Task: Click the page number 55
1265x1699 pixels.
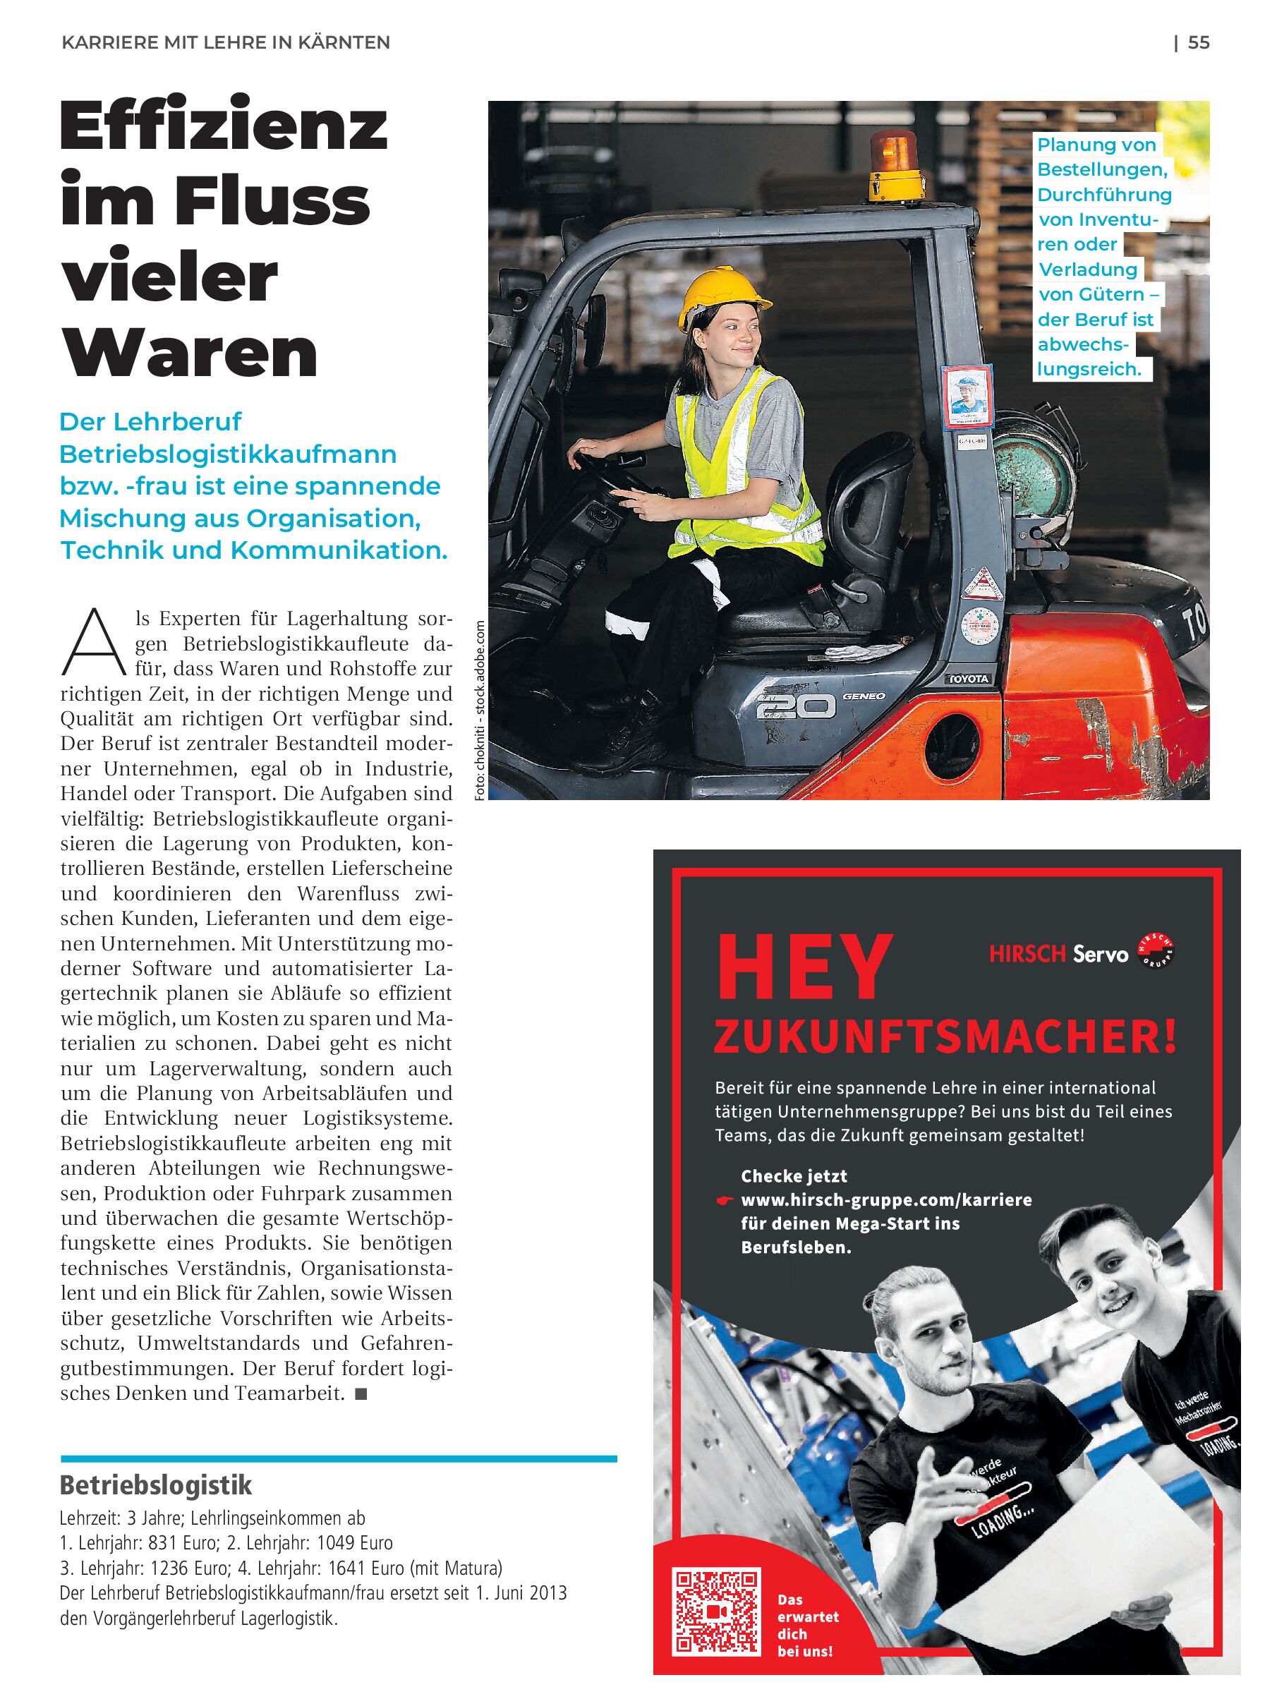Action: click(1199, 43)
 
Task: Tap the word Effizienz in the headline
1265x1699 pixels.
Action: click(224, 128)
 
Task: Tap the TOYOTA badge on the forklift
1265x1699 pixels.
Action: click(970, 678)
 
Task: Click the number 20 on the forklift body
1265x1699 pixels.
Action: click(796, 705)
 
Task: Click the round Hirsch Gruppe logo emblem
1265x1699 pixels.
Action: click(1156, 952)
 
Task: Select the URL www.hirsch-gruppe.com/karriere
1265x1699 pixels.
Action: click(886, 1199)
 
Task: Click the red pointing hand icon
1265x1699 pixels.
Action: click(724, 1202)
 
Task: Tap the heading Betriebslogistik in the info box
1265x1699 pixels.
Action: click(156, 1485)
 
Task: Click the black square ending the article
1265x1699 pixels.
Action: click(361, 1394)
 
